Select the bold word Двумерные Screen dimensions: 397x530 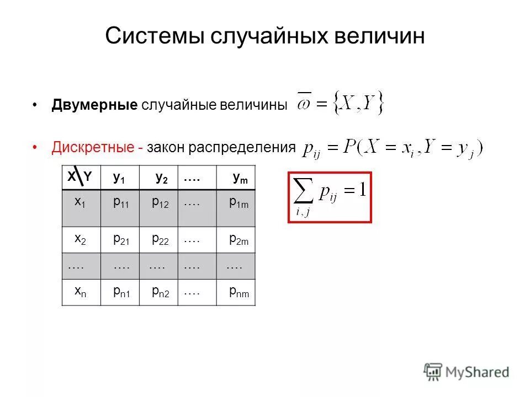pyautogui.click(x=94, y=105)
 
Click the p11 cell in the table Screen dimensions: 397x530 pyautogui.click(x=120, y=203)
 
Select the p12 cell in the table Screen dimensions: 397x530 pyautogui.click(x=160, y=203)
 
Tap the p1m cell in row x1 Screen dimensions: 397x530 pyautogui.click(x=239, y=203)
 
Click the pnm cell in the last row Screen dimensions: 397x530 pyautogui.click(x=239, y=293)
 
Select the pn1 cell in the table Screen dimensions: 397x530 pyautogui.click(x=120, y=293)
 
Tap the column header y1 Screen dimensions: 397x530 pyautogui.click(x=119, y=178)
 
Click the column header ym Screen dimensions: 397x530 pyautogui.click(x=240, y=178)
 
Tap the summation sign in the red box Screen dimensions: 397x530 pyautogui.click(x=303, y=193)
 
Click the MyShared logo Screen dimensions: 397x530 pyautogui.click(x=467, y=372)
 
